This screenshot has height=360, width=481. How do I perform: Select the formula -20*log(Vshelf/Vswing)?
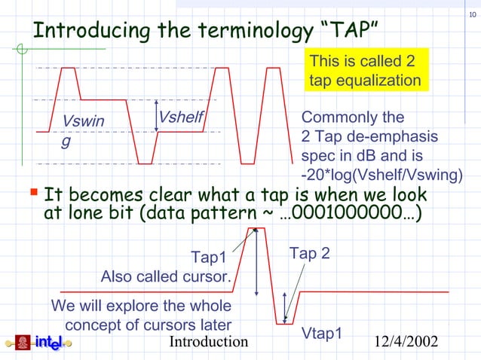pyautogui.click(x=381, y=175)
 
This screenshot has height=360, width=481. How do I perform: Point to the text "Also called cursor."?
pyautogui.click(x=167, y=277)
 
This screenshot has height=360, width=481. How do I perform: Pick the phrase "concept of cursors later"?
pyautogui.click(x=149, y=325)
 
